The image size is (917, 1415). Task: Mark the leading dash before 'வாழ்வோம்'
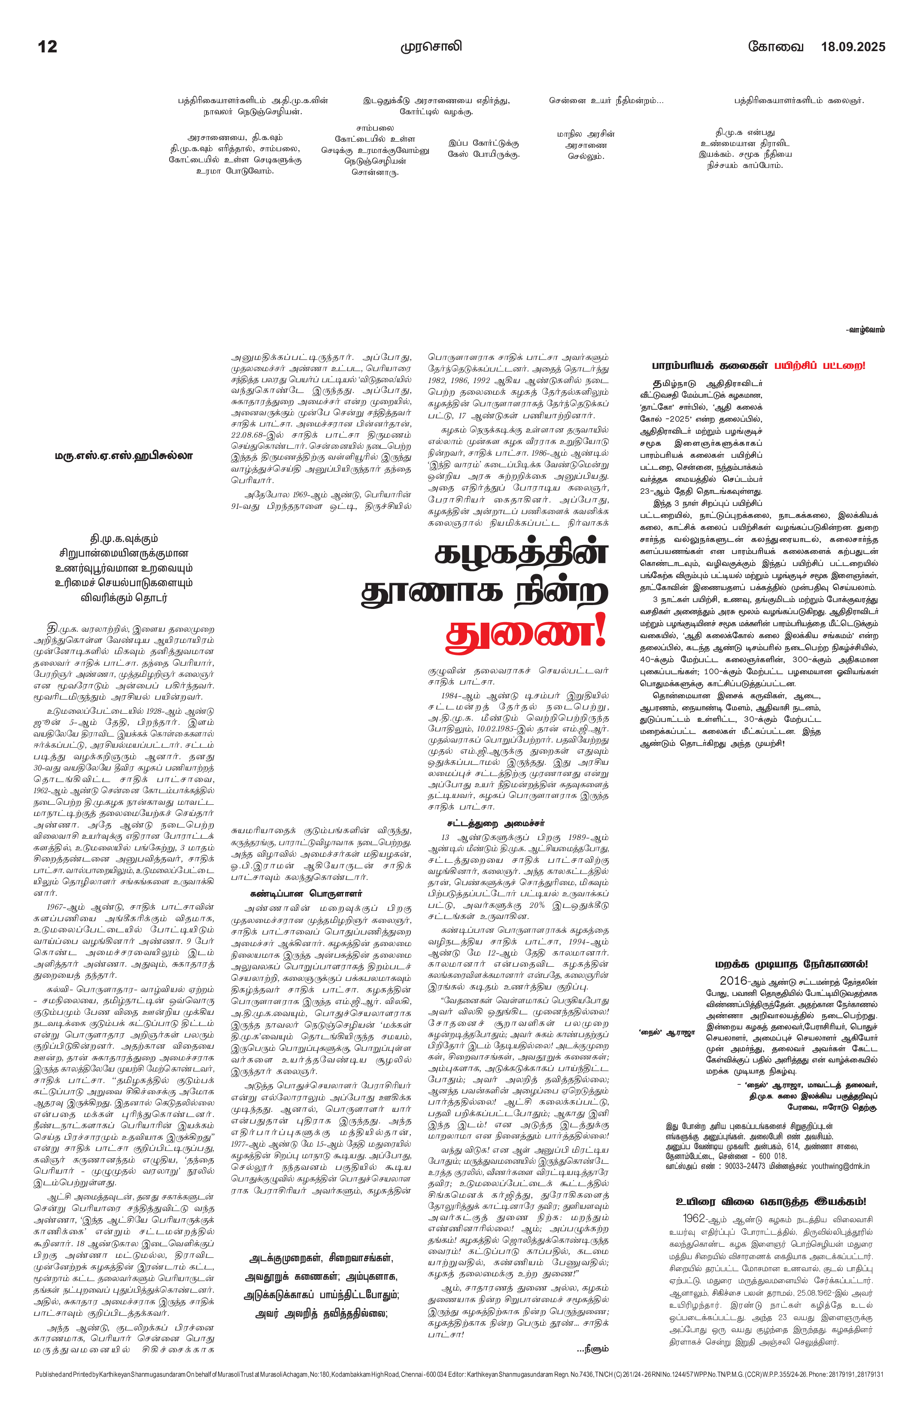coord(847,329)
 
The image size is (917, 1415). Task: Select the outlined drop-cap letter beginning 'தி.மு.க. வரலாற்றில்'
coord(52,628)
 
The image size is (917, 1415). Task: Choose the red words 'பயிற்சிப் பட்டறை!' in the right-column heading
coord(820,365)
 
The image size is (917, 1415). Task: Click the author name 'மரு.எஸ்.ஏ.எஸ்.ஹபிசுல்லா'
coord(124,456)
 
